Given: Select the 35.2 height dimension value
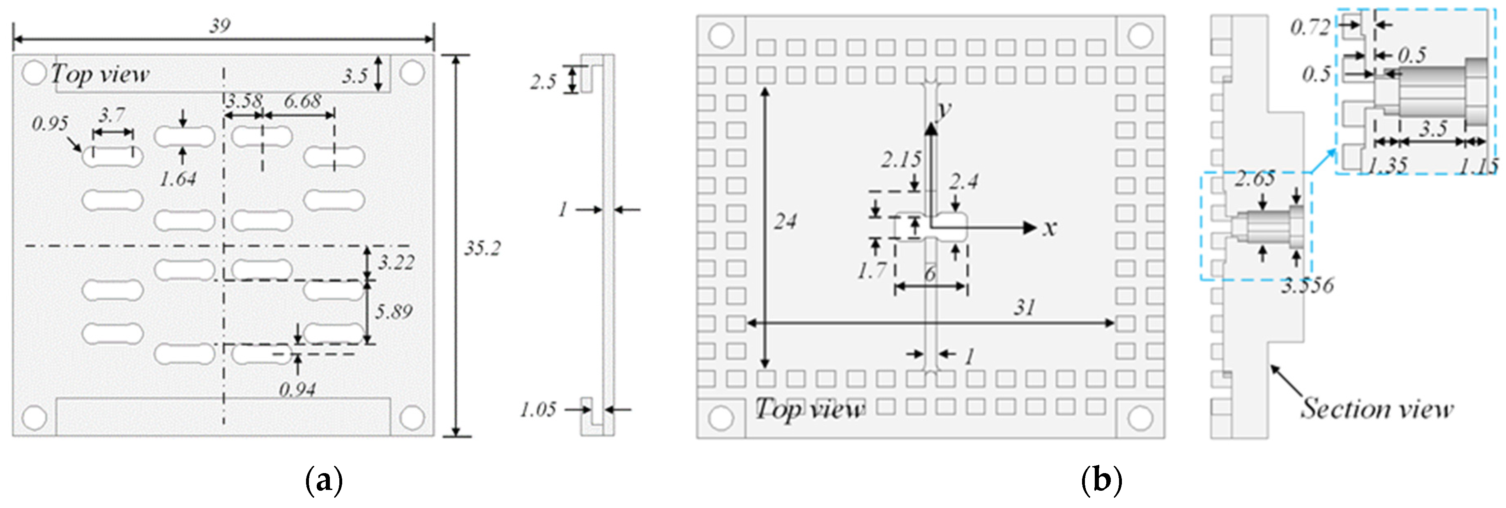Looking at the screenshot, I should point(482,248).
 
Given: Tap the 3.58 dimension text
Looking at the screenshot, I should point(244,101).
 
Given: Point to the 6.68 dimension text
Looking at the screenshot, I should point(302,101).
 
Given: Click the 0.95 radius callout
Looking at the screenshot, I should point(50,123).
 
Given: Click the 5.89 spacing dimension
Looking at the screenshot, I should point(394,312).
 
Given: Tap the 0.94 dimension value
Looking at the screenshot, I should point(297,389).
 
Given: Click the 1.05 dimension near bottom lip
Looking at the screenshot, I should point(538,409).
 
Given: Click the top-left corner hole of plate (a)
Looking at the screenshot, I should point(34,73).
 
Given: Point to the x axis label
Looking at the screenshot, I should point(1050,228).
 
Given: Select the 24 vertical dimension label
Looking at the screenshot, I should point(785,221).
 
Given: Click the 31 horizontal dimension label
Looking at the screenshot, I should point(1024,307).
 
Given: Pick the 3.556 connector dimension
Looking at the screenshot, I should point(1307,285).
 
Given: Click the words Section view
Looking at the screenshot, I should point(1377,409).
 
